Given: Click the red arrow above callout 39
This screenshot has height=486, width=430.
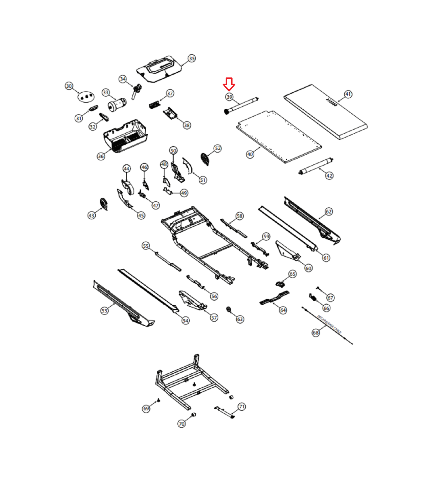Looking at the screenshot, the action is (x=229, y=84).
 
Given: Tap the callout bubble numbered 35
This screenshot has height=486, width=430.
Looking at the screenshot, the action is (x=192, y=58).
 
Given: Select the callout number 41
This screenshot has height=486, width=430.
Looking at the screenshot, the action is (x=348, y=94).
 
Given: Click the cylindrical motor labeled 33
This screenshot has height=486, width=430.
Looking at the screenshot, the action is (x=117, y=104).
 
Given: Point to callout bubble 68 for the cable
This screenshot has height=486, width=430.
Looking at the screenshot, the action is (x=316, y=333).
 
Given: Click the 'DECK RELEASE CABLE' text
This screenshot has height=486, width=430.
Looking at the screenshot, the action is (x=329, y=324).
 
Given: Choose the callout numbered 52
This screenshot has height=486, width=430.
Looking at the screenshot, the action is (x=218, y=148).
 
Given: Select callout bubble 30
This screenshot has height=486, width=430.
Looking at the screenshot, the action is (x=69, y=86).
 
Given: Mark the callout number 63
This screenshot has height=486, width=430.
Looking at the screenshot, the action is (x=240, y=319).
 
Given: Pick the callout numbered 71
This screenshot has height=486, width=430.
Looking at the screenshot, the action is (x=242, y=406).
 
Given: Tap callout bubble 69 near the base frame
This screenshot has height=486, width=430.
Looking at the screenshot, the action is (x=146, y=409).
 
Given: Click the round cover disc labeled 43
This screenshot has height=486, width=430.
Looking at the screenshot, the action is (x=104, y=204).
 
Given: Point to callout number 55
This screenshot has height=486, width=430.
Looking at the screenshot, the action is (x=146, y=246).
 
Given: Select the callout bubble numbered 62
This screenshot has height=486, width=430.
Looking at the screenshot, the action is (x=329, y=211).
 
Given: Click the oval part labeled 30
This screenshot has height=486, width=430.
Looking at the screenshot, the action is (x=86, y=97).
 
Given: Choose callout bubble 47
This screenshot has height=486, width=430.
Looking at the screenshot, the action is (x=156, y=206).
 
